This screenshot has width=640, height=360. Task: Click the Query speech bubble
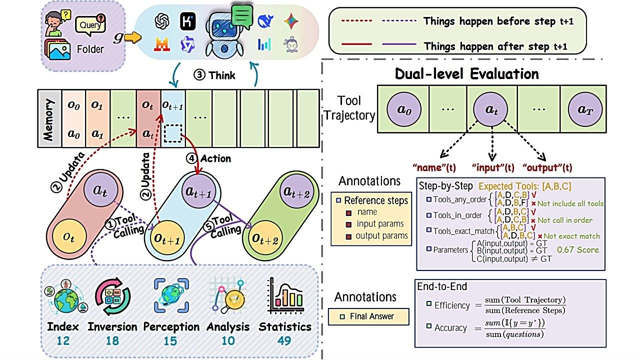click(90, 25)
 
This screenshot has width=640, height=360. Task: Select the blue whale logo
click(265, 21)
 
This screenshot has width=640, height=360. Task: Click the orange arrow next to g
click(133, 37)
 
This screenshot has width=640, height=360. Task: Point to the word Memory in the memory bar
click(48, 119)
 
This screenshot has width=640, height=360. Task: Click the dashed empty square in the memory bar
click(173, 133)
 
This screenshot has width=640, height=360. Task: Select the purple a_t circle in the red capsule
click(100, 189)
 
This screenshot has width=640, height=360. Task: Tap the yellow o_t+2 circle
click(264, 239)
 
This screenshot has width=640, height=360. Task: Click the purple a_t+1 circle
click(198, 191)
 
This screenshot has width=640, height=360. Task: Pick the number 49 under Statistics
click(284, 340)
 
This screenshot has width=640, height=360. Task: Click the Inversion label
click(112, 326)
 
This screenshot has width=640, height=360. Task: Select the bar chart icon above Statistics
click(285, 295)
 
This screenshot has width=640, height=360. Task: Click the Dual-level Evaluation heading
click(466, 73)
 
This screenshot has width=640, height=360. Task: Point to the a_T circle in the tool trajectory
click(585, 109)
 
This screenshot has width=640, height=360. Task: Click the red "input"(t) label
click(493, 167)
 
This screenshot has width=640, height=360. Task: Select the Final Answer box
click(368, 316)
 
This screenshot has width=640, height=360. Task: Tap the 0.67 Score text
click(577, 249)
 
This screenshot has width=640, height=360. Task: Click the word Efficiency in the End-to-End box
click(452, 305)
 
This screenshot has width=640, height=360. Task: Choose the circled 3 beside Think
click(199, 75)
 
